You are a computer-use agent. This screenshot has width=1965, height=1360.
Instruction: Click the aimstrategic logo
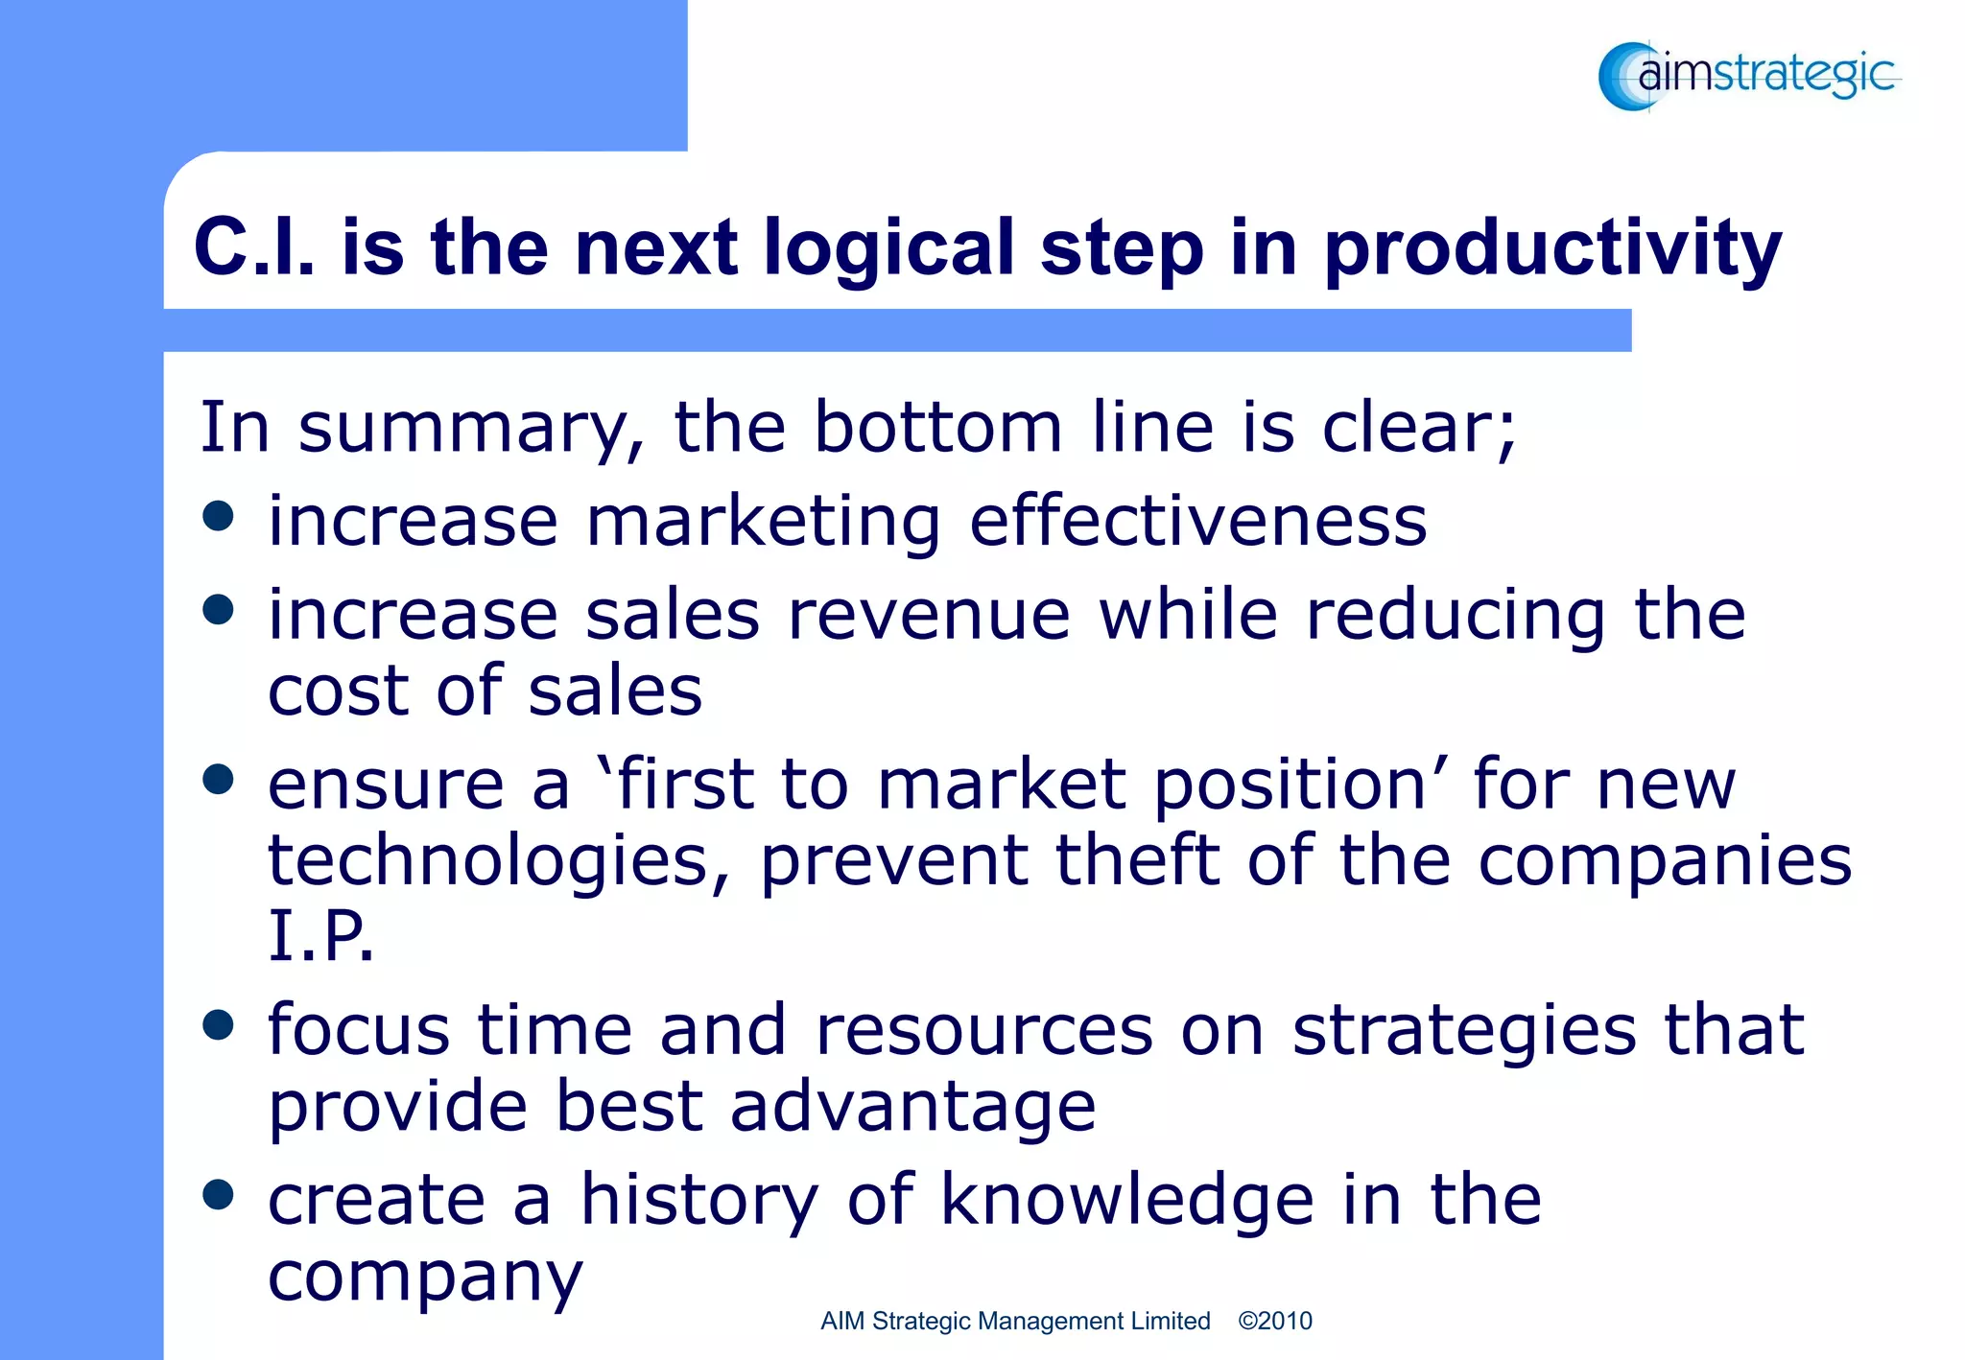coord(1748,76)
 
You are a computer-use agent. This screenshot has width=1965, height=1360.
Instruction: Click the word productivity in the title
coord(1552,249)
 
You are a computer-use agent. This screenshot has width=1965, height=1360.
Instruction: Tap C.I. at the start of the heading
coord(253,247)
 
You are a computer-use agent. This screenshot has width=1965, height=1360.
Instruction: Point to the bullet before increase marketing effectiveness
coord(219,516)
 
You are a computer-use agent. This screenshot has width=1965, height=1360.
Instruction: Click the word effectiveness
coord(1197,522)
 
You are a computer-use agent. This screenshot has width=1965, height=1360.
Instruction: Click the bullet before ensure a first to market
coord(219,780)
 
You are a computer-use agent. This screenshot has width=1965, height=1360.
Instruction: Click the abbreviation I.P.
coord(320,935)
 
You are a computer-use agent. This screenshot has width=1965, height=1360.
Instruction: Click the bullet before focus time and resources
coord(219,1025)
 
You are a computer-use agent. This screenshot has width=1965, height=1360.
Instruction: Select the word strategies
coord(1464,1031)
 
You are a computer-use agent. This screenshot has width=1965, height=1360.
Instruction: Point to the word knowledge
coord(1126,1200)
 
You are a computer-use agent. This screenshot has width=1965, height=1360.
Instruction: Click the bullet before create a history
coord(219,1195)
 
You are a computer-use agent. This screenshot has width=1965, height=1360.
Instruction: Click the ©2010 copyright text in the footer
coord(1274,1321)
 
